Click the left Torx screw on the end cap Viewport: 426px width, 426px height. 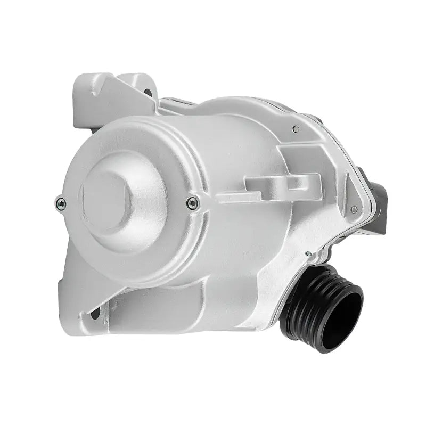pos(61,202)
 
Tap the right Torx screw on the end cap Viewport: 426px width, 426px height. pos(193,202)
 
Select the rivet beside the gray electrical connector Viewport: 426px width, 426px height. pos(354,210)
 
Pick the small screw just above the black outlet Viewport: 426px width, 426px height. pos(308,253)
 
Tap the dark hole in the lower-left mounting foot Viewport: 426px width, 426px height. pos(96,313)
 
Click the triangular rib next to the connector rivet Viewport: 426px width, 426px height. pos(341,224)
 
